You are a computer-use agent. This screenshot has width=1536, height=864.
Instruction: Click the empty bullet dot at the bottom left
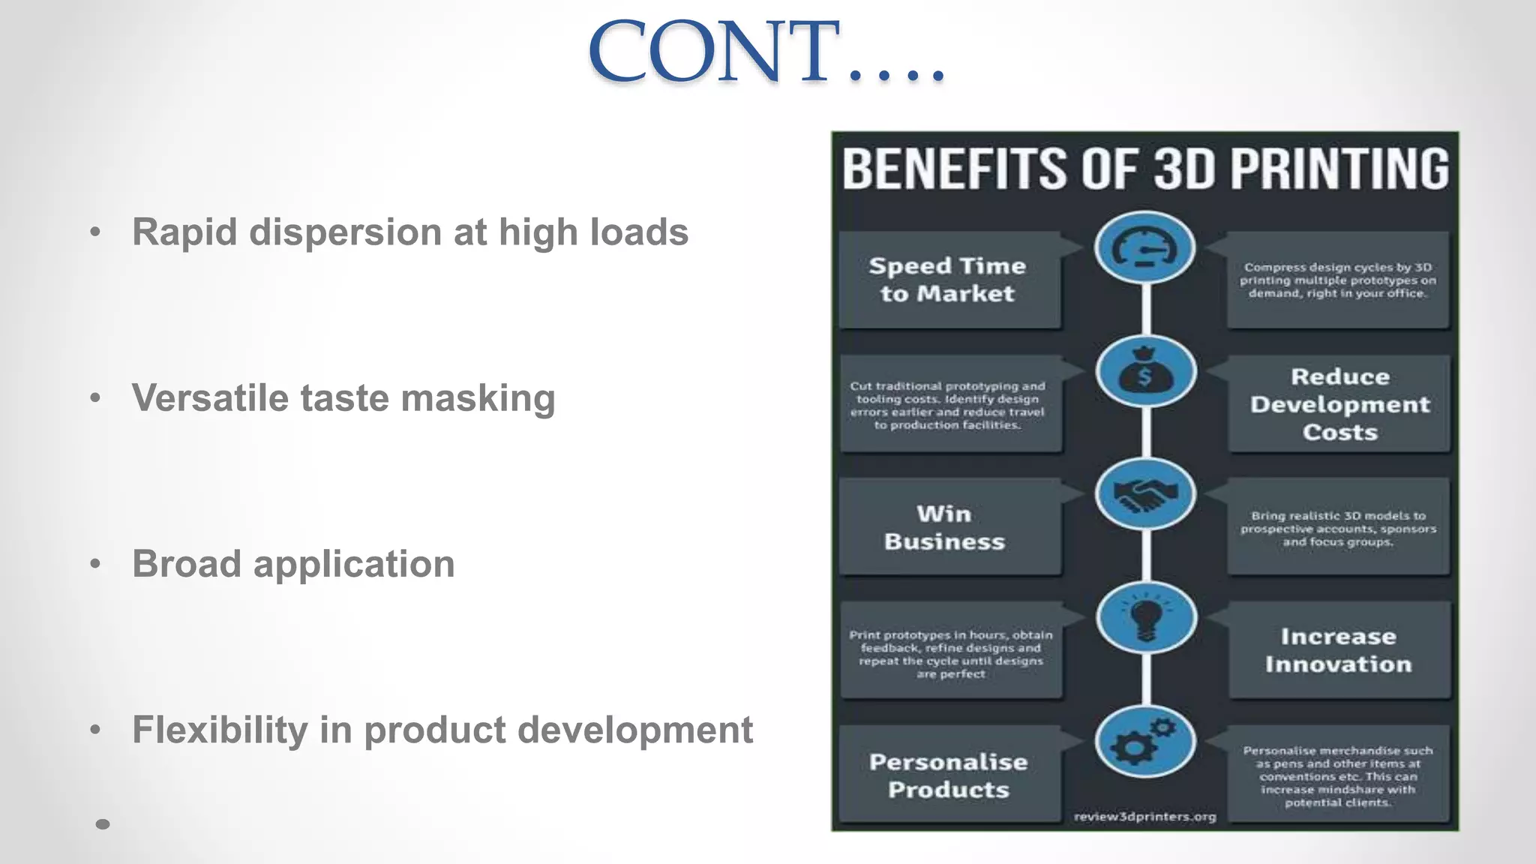(103, 824)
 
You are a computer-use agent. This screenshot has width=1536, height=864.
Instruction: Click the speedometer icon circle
(1144, 248)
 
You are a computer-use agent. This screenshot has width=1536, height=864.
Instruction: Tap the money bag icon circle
(1144, 372)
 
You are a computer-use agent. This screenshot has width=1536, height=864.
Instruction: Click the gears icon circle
(1144, 742)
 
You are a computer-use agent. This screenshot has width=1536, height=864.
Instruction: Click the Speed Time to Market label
(948, 280)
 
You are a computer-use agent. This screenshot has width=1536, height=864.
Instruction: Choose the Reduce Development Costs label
(1339, 404)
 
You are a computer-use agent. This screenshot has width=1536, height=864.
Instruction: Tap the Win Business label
(944, 527)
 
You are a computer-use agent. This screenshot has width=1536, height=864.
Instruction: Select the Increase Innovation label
(1338, 650)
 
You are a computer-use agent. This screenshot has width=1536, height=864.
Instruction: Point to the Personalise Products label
(949, 775)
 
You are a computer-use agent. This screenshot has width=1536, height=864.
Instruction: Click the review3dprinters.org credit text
(1144, 817)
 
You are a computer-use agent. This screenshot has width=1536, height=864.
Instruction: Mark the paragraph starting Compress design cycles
(1337, 280)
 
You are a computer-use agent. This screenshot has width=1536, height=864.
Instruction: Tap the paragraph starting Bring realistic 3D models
(1338, 528)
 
